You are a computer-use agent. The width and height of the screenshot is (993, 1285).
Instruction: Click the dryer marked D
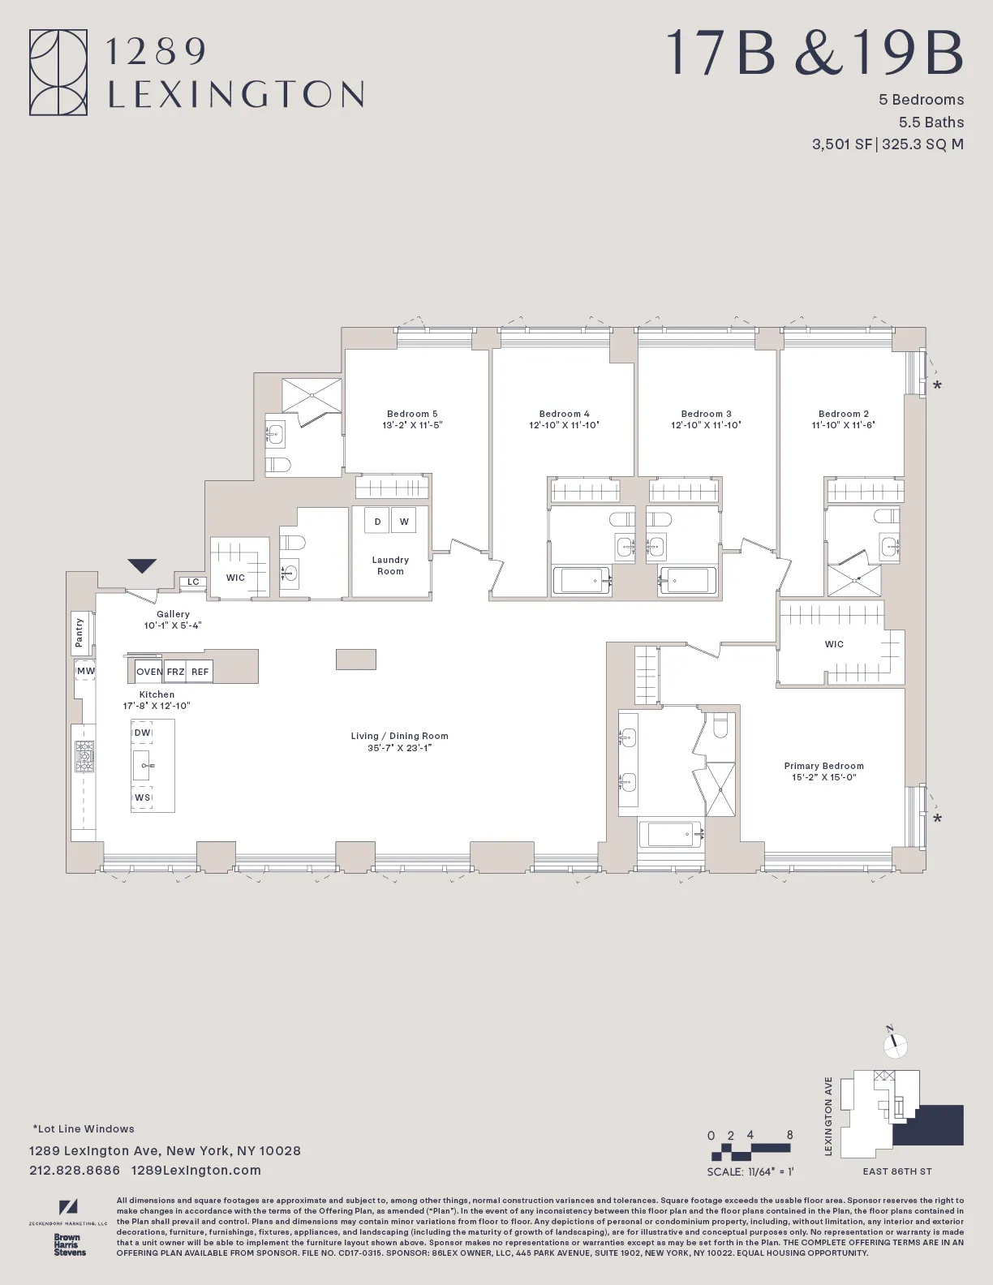click(x=376, y=522)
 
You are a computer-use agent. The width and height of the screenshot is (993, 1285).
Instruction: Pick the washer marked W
click(x=404, y=522)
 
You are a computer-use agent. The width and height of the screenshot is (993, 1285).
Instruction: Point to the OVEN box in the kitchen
click(x=149, y=672)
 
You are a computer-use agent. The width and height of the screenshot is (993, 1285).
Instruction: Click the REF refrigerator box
click(x=200, y=672)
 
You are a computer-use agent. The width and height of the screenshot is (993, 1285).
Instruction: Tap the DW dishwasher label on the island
click(x=143, y=733)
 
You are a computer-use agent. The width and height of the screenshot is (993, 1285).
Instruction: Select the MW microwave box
click(x=85, y=671)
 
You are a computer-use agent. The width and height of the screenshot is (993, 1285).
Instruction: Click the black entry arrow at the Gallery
click(x=142, y=566)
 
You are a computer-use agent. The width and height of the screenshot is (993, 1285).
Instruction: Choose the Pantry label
click(x=80, y=632)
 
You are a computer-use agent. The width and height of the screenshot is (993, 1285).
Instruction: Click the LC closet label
click(x=193, y=582)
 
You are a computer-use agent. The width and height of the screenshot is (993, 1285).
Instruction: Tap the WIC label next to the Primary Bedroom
click(x=834, y=644)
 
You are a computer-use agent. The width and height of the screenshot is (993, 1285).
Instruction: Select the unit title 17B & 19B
click(x=815, y=54)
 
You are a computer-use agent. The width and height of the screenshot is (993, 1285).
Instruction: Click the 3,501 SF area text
click(x=841, y=144)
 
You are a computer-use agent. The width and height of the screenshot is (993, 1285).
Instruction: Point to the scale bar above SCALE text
click(x=750, y=1151)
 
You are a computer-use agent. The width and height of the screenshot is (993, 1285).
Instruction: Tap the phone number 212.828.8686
click(x=75, y=1170)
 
